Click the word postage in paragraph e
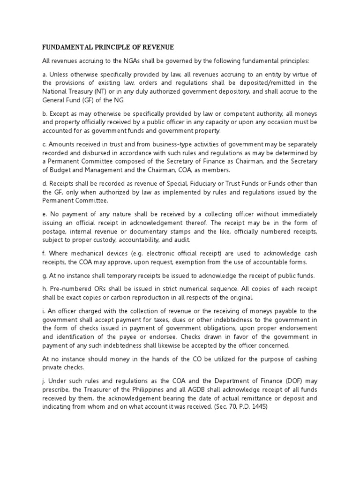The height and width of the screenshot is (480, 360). click(55, 231)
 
